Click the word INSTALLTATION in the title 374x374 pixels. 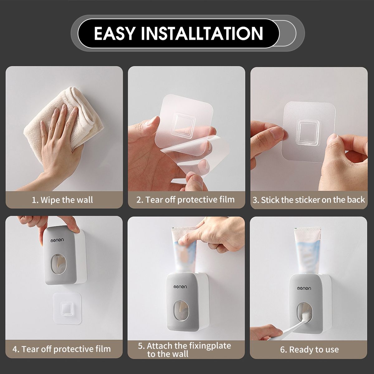(202, 33)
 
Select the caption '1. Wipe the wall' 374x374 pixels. (62, 200)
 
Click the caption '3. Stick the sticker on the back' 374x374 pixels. (309, 200)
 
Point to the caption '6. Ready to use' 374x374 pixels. (309, 349)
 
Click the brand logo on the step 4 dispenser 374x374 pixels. (57, 240)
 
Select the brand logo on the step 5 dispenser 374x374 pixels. (180, 287)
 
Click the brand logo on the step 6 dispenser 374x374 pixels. (304, 288)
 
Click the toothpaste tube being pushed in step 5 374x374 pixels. (185, 250)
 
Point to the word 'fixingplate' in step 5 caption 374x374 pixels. (210, 346)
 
